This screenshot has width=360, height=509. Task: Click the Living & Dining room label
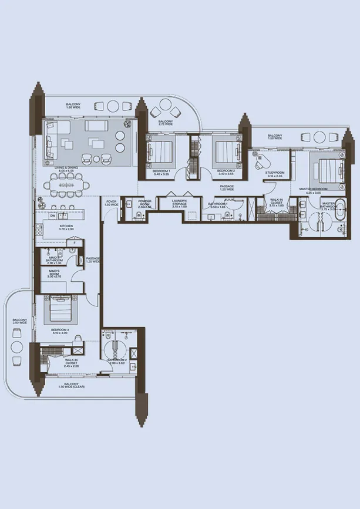[x=66, y=170]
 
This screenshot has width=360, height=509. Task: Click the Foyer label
[x=112, y=203]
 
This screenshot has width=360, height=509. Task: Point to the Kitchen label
[x=66, y=227]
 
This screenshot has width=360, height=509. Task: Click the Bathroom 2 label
[x=117, y=360]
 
